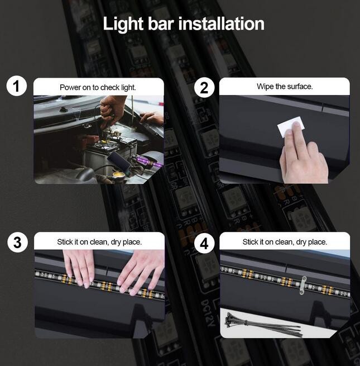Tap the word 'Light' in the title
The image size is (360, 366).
click(x=123, y=24)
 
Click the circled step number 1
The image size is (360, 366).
click(x=16, y=86)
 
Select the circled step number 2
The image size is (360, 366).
click(x=204, y=88)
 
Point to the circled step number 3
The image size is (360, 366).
click(x=17, y=243)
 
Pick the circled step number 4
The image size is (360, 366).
click(x=204, y=244)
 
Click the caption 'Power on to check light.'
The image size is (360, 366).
click(x=98, y=87)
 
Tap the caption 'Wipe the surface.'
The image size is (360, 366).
click(x=285, y=87)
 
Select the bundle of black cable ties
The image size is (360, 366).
click(x=262, y=324)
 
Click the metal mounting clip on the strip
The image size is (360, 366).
click(x=303, y=285)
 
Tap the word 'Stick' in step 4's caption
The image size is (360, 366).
click(x=250, y=242)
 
